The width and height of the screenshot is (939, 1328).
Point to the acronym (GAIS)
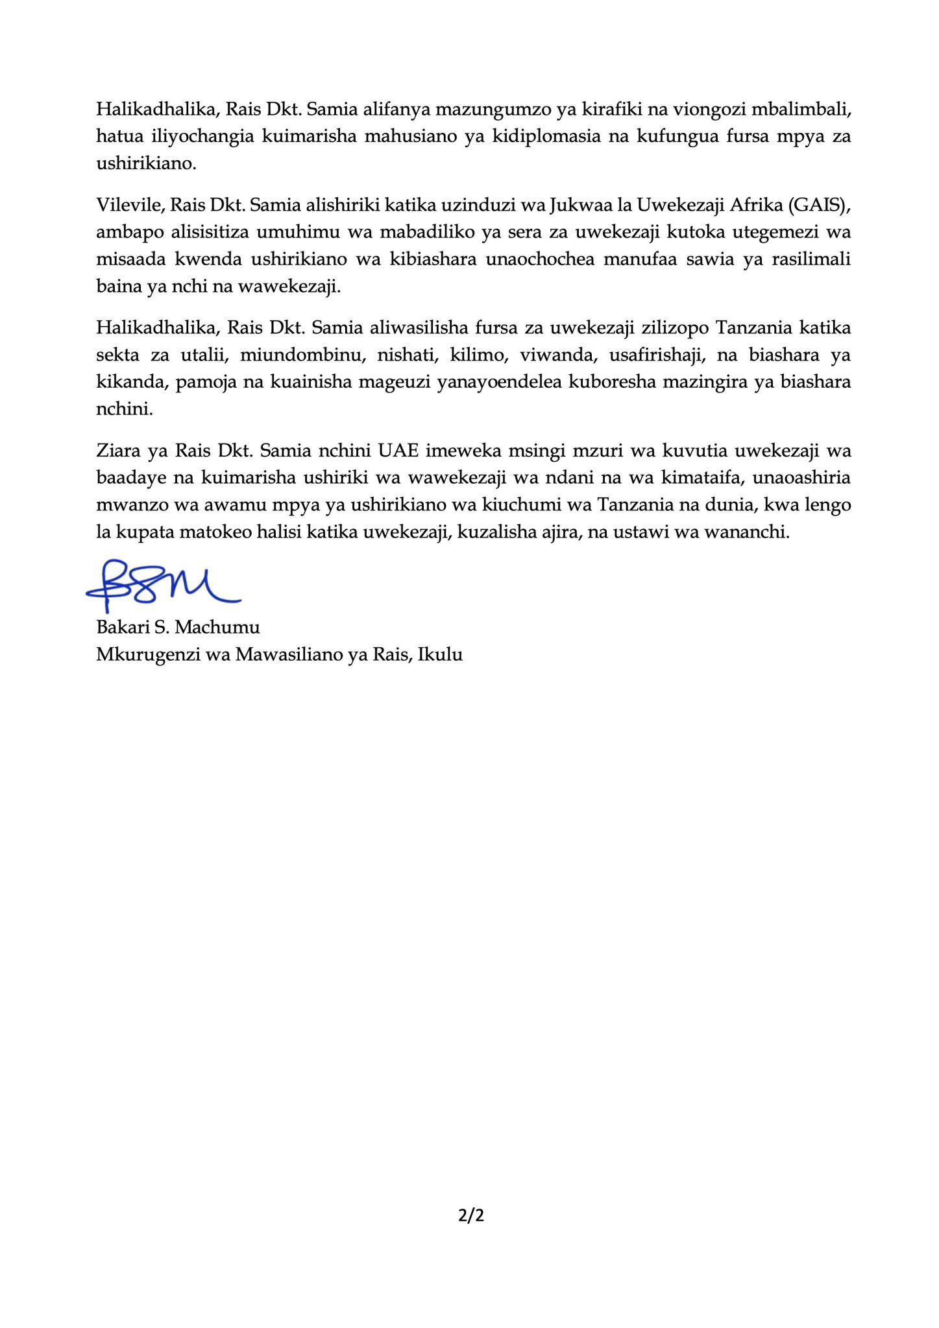(817, 205)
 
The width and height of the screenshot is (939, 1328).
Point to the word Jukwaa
(574, 205)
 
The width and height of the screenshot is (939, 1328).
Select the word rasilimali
(811, 259)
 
